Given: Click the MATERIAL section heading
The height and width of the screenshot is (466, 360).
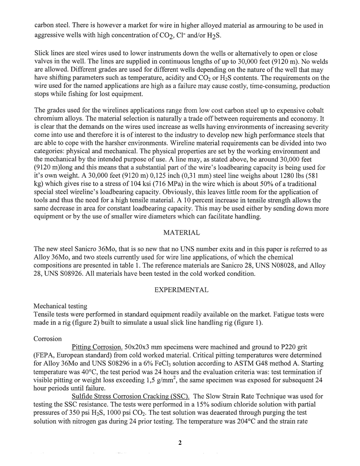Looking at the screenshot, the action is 181,233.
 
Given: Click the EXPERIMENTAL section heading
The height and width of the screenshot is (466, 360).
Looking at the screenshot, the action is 181,290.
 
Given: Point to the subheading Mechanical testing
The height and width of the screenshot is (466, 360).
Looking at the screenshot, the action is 60,306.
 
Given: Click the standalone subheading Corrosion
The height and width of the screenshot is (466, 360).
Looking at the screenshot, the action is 48,338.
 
